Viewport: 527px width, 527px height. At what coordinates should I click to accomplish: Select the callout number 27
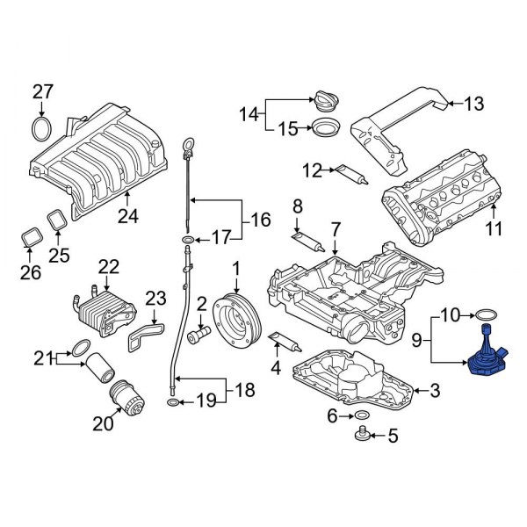pyautogui.click(x=43, y=91)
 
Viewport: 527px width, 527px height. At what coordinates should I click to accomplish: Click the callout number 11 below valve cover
pyautogui.click(x=493, y=231)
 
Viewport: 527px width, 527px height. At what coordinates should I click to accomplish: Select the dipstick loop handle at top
pyautogui.click(x=187, y=145)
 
